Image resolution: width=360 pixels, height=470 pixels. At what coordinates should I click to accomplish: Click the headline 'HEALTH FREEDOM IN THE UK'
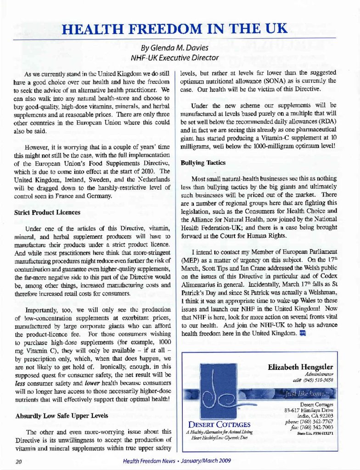tap(175, 29)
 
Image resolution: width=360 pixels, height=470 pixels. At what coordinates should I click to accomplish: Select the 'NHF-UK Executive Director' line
tap(174, 58)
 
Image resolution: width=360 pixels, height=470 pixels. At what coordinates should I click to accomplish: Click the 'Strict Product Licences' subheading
tap(47, 213)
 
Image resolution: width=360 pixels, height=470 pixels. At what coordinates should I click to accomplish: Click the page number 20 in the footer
tap(19, 461)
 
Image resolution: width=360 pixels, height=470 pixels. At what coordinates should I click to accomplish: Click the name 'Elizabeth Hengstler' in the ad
tap(300, 367)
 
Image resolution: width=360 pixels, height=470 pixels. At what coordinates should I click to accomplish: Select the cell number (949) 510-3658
tap(318, 380)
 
